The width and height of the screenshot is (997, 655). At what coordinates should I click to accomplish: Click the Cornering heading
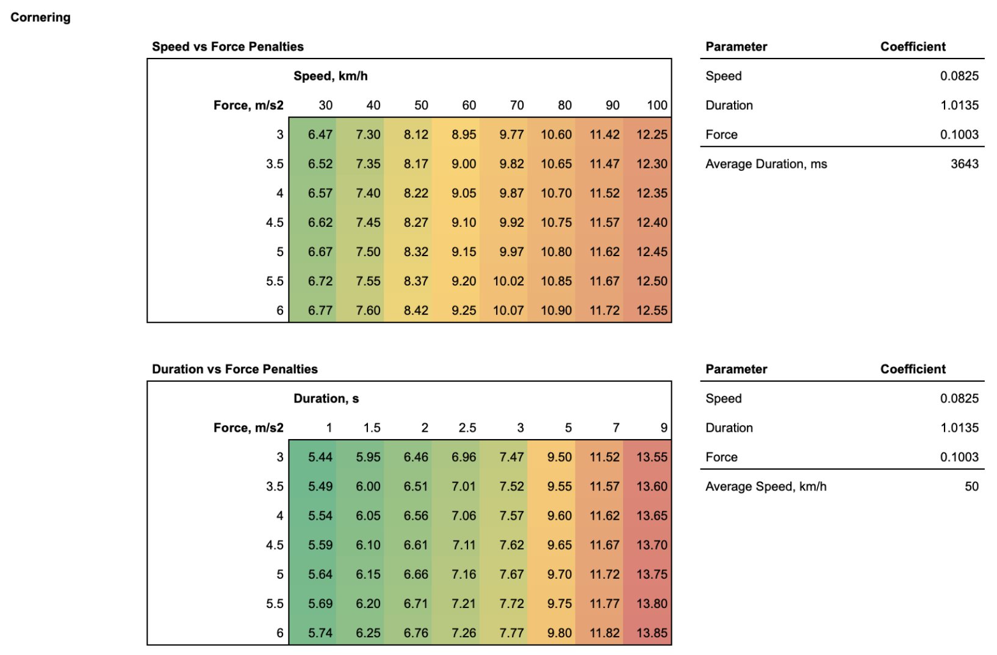[x=40, y=17]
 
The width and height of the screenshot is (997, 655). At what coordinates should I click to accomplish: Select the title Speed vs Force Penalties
[x=228, y=46]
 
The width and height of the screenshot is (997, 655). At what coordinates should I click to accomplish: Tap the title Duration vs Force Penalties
[x=235, y=369]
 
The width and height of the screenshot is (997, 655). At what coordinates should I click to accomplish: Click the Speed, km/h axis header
[x=330, y=76]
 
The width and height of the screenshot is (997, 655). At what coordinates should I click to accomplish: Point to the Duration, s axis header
[x=326, y=398]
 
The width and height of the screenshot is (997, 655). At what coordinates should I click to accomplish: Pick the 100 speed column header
[x=657, y=105]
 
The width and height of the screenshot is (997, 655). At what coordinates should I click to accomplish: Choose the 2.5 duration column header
[x=467, y=428]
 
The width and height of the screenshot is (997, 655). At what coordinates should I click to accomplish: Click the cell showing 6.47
[x=320, y=134]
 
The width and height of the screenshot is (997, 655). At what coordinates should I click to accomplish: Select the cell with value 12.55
[x=652, y=310]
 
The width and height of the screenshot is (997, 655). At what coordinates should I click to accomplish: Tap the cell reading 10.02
[x=508, y=281]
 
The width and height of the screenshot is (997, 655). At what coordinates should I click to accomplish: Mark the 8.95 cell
[x=464, y=134]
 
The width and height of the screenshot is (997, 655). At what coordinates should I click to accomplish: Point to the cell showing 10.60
[x=556, y=134]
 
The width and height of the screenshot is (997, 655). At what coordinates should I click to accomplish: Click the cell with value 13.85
[x=652, y=633]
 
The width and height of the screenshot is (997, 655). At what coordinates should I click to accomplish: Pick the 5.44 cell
[x=320, y=457]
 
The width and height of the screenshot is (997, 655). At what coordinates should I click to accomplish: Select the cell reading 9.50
[x=560, y=457]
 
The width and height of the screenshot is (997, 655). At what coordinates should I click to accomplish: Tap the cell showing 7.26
[x=464, y=633]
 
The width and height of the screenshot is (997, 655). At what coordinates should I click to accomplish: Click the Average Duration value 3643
[x=964, y=163]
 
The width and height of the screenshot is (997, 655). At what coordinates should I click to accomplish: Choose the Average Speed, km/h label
[x=766, y=486]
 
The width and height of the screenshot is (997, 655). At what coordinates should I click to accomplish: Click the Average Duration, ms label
[x=766, y=163]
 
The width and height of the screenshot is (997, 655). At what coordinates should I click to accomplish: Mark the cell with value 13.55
[x=652, y=457]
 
